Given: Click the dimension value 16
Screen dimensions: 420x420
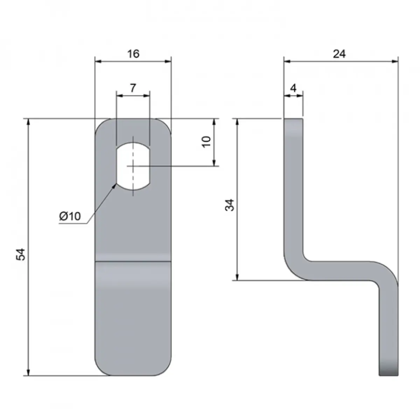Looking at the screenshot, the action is click(x=133, y=54).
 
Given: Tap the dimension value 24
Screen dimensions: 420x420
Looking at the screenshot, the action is click(x=339, y=54).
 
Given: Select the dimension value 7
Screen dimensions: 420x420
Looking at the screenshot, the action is click(x=133, y=88).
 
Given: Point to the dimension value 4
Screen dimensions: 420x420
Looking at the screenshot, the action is click(x=294, y=88).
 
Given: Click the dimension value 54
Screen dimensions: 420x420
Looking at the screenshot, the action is click(x=21, y=254).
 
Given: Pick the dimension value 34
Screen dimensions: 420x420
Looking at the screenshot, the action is click(x=230, y=205).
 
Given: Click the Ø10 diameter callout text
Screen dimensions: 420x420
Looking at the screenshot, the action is click(x=70, y=216).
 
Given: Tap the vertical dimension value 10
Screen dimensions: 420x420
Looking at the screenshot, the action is click(x=206, y=142).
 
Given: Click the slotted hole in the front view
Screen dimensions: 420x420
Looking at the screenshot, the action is click(x=133, y=166).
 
